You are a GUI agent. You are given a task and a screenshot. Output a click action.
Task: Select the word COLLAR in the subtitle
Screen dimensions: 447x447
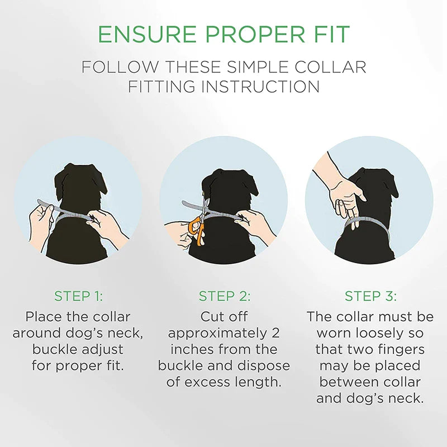pyautogui.click(x=334, y=67)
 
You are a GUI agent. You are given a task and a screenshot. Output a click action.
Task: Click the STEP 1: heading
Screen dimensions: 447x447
pyautogui.click(x=78, y=296)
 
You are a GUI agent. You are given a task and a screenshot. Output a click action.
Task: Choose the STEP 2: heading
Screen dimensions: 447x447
pyautogui.click(x=224, y=296)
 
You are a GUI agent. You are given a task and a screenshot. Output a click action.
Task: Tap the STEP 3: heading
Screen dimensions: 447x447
pyautogui.click(x=369, y=296)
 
